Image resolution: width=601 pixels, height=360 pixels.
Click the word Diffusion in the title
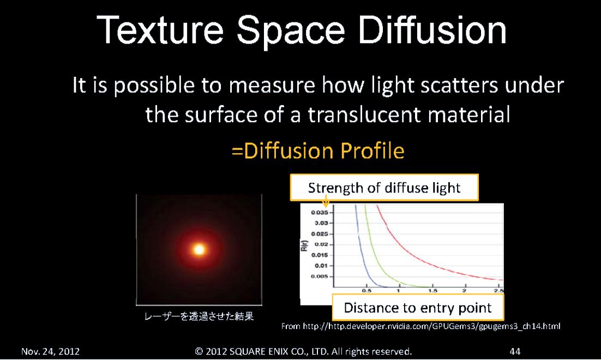[432, 31]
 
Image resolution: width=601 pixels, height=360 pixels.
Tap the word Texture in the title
[160, 31]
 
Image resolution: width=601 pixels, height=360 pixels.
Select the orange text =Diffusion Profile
[318, 151]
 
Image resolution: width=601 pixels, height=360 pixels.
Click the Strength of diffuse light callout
[384, 188]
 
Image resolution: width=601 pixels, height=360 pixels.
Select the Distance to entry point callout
[418, 308]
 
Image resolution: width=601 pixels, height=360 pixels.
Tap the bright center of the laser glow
[199, 250]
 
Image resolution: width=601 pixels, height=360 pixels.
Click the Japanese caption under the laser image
[199, 316]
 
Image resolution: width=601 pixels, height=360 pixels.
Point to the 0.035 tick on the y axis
[320, 212]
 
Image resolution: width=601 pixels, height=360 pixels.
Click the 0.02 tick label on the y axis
[321, 244]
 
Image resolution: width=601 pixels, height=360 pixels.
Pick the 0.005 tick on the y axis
[320, 276]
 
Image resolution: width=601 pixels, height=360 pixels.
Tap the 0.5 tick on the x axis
[366, 291]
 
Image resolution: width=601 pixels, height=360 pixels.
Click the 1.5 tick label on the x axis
[432, 291]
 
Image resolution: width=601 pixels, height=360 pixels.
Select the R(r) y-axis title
[304, 245]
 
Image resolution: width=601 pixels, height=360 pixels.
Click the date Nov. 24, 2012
[50, 351]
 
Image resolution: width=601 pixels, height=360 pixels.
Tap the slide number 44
[515, 351]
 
